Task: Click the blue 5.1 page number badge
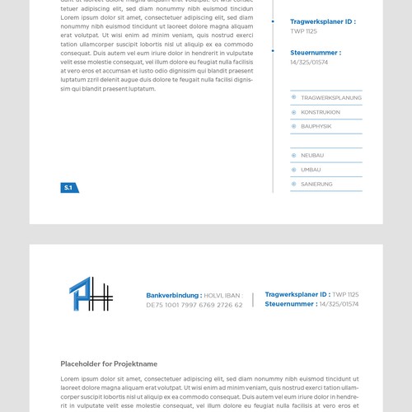[68, 188]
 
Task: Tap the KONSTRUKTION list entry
[321, 112]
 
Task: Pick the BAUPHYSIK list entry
[316, 126]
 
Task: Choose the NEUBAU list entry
[312, 155]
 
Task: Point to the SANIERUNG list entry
[316, 184]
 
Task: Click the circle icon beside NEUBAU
[294, 155]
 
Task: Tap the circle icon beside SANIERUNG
[294, 184]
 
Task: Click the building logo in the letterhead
[90, 294]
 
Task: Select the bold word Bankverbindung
[173, 295]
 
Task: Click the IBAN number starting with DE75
[194, 305]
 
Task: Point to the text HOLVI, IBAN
[223, 295]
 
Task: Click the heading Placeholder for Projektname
[109, 363]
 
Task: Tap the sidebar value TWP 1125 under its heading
[303, 31]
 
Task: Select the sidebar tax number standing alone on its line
[309, 62]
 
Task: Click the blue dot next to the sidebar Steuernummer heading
[273, 51]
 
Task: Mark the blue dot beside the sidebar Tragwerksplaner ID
[273, 21]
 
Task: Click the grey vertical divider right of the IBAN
[253, 299]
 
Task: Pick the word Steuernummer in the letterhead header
[291, 304]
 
